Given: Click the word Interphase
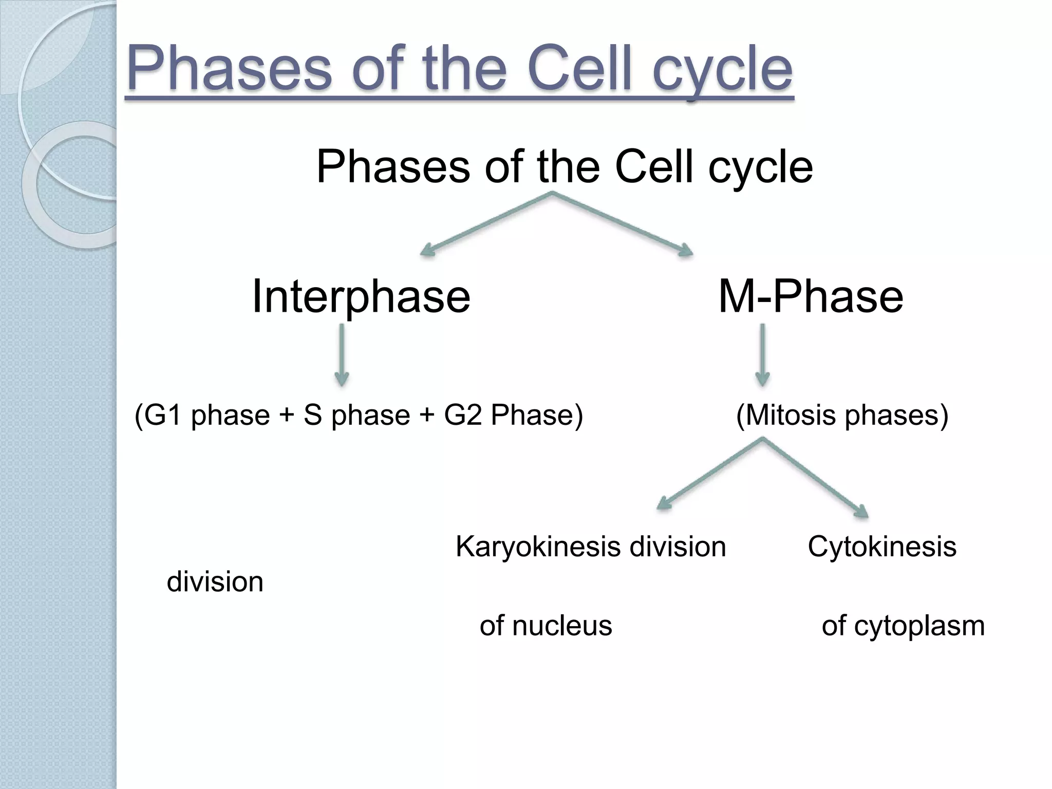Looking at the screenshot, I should point(361,296).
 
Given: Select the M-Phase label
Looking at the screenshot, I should point(810,296).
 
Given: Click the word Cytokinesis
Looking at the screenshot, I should point(881,547).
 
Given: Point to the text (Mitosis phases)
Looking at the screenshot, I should point(842,415).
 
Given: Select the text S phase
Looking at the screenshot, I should point(356,415).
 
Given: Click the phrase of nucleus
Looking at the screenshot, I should point(546,626).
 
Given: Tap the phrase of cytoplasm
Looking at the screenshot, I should point(903,626).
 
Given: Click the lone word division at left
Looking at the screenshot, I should point(215,583).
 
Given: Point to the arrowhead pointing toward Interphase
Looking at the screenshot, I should point(428,251).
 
